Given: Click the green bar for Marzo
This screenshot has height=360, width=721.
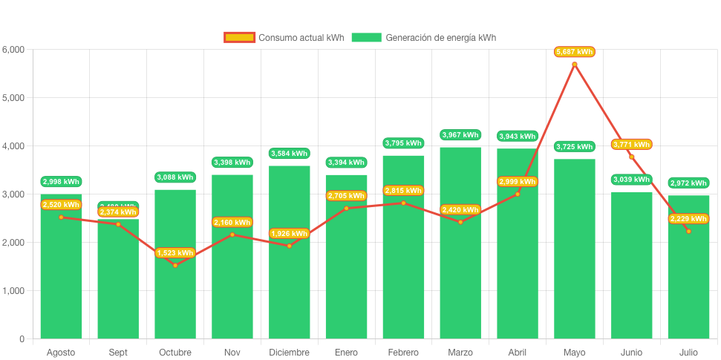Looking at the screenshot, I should click(x=460, y=282).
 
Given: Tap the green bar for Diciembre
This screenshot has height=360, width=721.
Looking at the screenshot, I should click(x=290, y=289).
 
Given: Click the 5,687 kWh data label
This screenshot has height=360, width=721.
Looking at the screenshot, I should click(x=575, y=52).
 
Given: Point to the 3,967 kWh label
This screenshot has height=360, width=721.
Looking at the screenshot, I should click(x=460, y=135).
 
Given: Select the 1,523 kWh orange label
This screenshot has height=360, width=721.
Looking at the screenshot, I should click(x=175, y=253).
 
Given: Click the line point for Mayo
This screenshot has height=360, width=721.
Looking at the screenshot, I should click(x=575, y=65).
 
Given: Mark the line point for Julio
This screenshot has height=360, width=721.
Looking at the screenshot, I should click(x=688, y=231).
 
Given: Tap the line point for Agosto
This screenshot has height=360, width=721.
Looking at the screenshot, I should click(x=61, y=217).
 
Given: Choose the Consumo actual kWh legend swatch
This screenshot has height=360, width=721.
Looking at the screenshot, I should click(x=239, y=37).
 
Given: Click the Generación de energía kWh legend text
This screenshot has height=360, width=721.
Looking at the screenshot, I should click(x=441, y=37).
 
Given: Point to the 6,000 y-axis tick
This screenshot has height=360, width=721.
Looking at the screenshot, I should click(x=13, y=50).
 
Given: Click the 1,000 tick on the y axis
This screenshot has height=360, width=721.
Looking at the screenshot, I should click(x=13, y=291).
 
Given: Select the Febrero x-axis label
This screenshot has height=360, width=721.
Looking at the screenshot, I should click(x=403, y=352).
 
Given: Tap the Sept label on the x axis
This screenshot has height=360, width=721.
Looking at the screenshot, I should click(x=118, y=352).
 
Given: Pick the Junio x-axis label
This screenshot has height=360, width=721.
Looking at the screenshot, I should click(x=631, y=352).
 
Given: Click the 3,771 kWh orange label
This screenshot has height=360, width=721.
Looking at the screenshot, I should click(x=631, y=144).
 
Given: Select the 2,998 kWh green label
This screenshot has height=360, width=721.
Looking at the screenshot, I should click(x=61, y=182).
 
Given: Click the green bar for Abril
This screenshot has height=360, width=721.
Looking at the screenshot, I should click(x=518, y=282).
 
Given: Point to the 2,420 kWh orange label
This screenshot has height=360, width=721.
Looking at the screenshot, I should click(x=460, y=210).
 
